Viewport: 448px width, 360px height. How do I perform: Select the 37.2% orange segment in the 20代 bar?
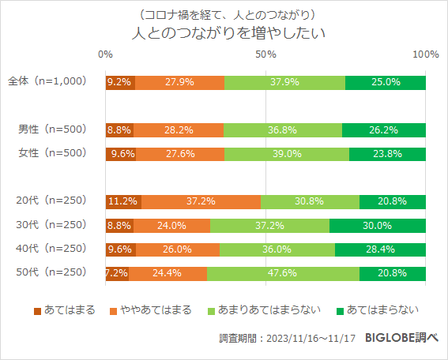tap(201, 201)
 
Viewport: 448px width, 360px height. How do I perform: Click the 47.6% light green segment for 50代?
tap(283, 273)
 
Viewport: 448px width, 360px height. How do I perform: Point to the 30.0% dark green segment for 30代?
tap(378, 225)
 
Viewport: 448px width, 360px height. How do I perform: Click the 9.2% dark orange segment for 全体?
tap(119, 82)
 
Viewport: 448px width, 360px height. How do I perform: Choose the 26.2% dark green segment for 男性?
tap(384, 130)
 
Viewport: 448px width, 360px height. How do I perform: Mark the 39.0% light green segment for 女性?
tap(287, 154)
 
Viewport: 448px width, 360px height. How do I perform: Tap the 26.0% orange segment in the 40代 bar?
tap(178, 249)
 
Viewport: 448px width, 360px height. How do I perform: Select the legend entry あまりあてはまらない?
tap(262, 309)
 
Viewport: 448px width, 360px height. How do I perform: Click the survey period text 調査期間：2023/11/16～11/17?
tap(288, 338)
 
